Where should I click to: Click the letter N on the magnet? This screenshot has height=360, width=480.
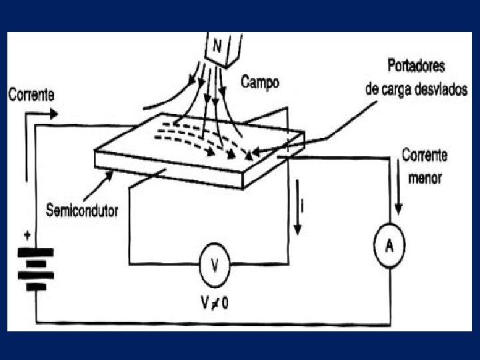click(217, 47)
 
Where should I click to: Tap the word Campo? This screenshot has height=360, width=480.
click(260, 82)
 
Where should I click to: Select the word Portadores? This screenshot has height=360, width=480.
click(416, 67)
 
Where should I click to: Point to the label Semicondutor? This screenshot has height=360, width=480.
click(82, 211)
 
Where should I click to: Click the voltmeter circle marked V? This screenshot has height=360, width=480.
click(215, 266)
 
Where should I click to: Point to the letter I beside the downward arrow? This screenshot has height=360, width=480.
click(303, 208)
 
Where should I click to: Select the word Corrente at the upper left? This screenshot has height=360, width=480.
click(31, 95)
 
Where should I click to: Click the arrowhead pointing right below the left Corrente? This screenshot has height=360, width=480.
click(55, 113)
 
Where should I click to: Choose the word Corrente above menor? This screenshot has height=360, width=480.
click(425, 156)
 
